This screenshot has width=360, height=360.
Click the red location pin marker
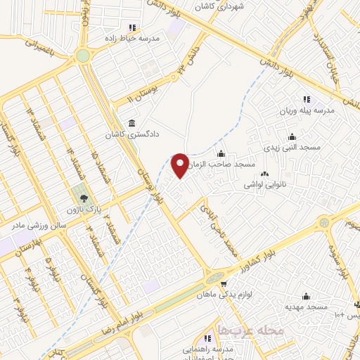click(x=180, y=165)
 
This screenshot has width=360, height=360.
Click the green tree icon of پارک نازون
click(x=84, y=198)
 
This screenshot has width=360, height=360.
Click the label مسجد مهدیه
click(x=306, y=307)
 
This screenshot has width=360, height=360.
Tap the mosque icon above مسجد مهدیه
click(x=306, y=296)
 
